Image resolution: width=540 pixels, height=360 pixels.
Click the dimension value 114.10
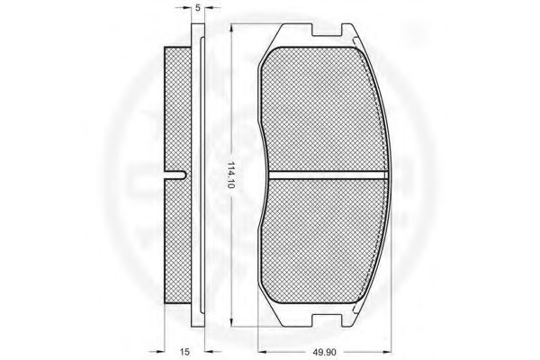[x=231, y=175]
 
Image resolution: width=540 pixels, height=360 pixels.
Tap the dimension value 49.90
[x=324, y=352]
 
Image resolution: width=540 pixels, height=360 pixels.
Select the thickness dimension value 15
[x=184, y=352]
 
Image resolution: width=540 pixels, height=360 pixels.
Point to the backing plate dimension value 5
[x=198, y=8]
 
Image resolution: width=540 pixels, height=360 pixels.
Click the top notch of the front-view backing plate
[x=328, y=30]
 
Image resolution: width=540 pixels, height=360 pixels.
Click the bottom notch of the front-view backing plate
[x=328, y=319]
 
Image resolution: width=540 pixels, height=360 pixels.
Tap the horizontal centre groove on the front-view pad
[x=328, y=175]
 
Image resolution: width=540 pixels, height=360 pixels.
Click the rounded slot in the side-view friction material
[x=175, y=175]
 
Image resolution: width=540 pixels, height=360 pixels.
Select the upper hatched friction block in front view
[x=323, y=109]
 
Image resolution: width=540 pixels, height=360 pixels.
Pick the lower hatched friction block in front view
[x=324, y=241]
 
